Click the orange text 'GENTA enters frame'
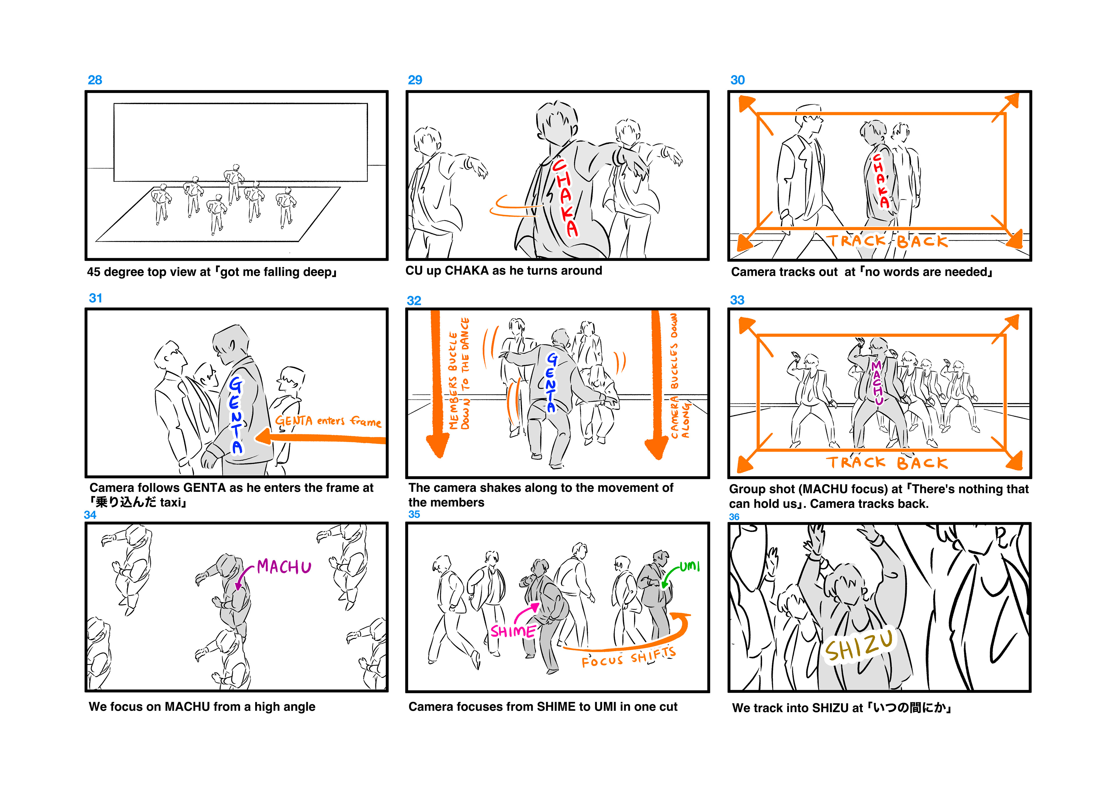328,421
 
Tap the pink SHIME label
513,631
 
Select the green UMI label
690,566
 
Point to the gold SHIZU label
859,646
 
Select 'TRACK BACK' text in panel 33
887,462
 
